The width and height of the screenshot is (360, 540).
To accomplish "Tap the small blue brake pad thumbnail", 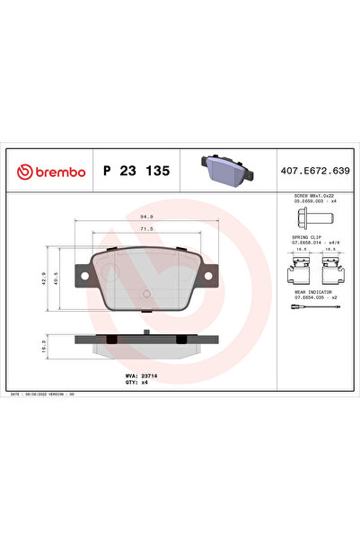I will tap(220, 168).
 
